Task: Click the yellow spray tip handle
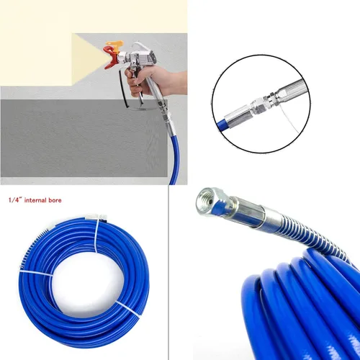(x=115, y=45)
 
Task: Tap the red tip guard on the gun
(x=109, y=58)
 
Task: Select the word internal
(x=36, y=200)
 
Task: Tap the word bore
(x=55, y=200)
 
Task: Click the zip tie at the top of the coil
(x=96, y=235)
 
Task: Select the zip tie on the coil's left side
(x=36, y=273)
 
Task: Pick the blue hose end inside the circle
(x=221, y=125)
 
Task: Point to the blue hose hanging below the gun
(x=174, y=158)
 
